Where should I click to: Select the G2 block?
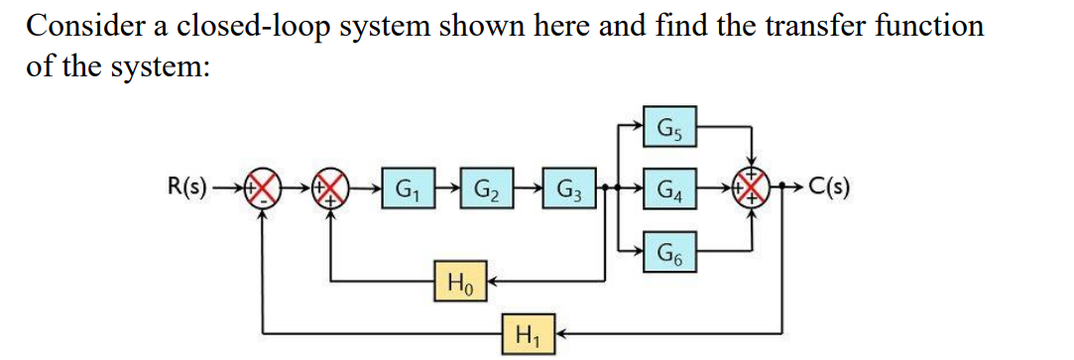[x=486, y=186]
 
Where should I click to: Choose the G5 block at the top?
[x=670, y=127]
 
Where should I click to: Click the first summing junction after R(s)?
[x=262, y=187]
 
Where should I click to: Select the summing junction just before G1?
[x=329, y=187]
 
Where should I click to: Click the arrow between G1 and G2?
[x=445, y=186]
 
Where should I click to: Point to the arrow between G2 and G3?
[x=527, y=186]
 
